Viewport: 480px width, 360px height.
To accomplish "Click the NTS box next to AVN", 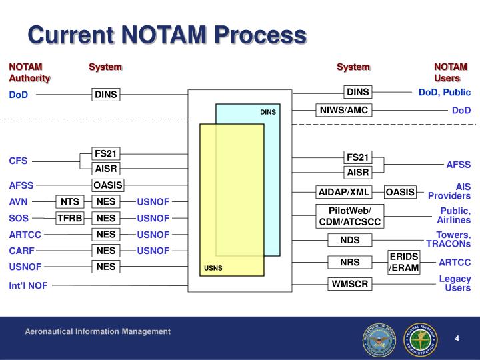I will (70, 201).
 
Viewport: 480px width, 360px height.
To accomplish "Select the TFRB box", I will (70, 218).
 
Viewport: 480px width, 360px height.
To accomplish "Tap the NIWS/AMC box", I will (343, 110).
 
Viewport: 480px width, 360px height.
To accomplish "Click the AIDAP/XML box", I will (343, 193).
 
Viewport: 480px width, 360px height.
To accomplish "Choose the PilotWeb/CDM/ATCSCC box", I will (350, 217).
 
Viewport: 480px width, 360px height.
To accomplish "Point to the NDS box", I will (349, 240).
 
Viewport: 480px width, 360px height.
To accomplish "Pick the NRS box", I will (349, 262).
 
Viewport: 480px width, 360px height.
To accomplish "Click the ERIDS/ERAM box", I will (403, 262).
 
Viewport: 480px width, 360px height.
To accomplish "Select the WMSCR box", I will (350, 284).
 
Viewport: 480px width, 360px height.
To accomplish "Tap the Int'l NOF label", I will (28, 285).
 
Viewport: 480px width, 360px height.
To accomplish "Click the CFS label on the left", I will (18, 161).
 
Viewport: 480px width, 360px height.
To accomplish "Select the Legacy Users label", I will (455, 283).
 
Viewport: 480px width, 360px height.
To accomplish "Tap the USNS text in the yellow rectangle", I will (213, 269).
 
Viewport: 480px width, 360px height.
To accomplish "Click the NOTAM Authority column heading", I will (29, 72).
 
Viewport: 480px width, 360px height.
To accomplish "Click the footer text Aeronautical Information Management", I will (98, 331).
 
